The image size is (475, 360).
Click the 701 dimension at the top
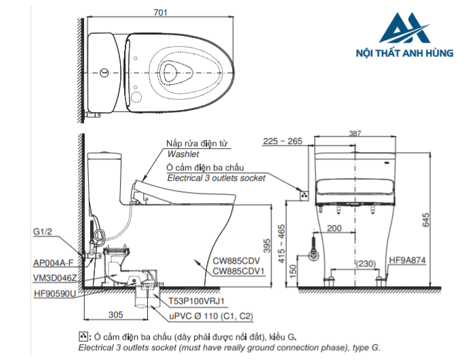coord(160,12)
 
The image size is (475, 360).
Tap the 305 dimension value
coord(116,314)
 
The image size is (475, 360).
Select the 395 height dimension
coord(267,246)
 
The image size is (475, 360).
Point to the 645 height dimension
coord(425,220)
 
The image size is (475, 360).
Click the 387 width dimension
coord(355,133)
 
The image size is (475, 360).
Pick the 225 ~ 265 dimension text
coord(282,141)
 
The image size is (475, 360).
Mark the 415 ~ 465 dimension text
coord(282,244)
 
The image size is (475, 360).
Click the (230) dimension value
coord(366,264)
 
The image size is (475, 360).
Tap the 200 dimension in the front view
coord(334,228)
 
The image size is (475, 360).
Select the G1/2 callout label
coord(42,232)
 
